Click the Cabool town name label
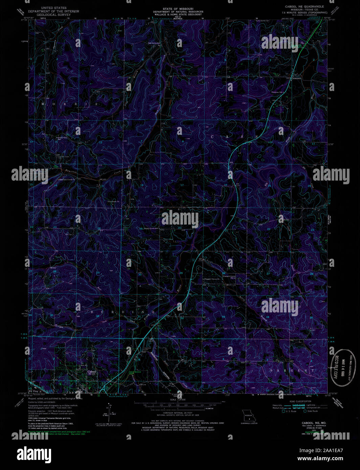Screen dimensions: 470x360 coord(92,372)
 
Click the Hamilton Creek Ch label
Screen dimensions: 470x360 coord(67,180)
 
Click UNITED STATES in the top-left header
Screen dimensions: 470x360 coord(53,7)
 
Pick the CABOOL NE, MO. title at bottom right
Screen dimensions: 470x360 coord(309,423)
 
